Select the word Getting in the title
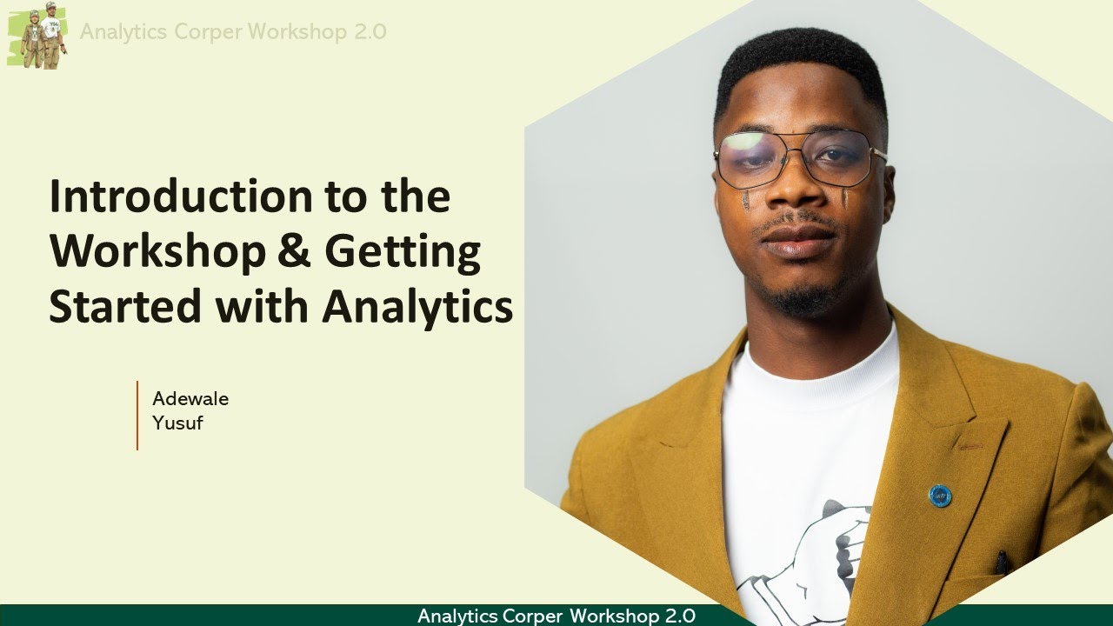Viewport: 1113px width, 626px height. tap(403, 253)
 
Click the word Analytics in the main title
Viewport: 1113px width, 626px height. tap(417, 309)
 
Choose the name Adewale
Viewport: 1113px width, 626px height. tap(190, 399)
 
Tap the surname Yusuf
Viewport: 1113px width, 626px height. tap(177, 424)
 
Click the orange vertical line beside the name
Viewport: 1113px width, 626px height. tap(137, 416)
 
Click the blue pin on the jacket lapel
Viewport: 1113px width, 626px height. tap(939, 496)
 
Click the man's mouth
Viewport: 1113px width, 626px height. tap(798, 237)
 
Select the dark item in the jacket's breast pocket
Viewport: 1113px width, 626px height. tap(1003, 563)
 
